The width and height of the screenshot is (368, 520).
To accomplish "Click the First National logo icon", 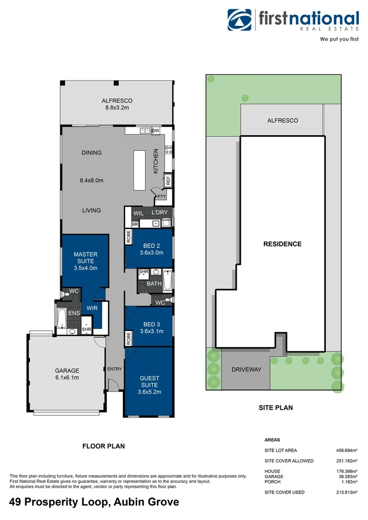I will (x=240, y=21).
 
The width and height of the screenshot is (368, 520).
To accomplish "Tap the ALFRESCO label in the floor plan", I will (x=117, y=101).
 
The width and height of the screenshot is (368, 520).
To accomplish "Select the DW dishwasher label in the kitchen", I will (x=156, y=130).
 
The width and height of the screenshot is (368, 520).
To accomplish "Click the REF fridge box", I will (x=168, y=181).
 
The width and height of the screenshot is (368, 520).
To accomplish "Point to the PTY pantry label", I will (x=161, y=197).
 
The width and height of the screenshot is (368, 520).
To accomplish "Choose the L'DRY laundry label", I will (x=159, y=212).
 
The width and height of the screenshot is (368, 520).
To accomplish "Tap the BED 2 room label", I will (x=149, y=245).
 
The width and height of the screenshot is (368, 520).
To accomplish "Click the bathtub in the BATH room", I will (x=167, y=281).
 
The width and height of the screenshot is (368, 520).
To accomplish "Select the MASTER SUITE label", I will (x=85, y=258).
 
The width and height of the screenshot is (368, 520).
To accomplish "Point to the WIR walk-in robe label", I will (x=92, y=308).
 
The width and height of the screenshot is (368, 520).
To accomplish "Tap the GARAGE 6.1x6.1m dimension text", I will (x=66, y=377).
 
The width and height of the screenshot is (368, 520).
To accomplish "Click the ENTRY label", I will (x=115, y=369).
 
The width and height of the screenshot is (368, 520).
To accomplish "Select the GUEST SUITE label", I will (x=149, y=381).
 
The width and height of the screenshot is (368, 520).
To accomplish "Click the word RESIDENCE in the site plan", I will (x=282, y=244).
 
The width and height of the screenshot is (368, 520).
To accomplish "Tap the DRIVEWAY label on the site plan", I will (x=246, y=370).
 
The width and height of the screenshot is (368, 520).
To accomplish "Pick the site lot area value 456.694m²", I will (x=346, y=451).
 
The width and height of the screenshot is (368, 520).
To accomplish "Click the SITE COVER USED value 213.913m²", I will (x=346, y=492).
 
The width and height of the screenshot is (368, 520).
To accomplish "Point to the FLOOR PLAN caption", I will (x=104, y=446).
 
